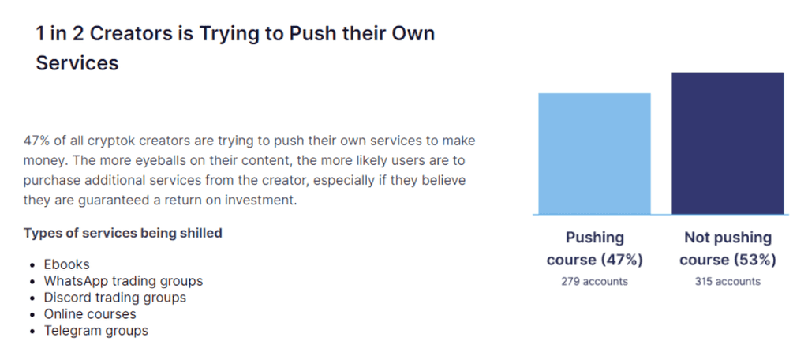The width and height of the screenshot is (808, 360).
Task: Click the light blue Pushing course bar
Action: point(594,154)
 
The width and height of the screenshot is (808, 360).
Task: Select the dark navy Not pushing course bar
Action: point(728,144)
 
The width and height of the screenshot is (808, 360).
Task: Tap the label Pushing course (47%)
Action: point(595,249)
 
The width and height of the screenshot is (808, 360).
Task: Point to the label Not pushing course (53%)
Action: point(728,249)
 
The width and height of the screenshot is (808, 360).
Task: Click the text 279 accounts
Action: point(595,282)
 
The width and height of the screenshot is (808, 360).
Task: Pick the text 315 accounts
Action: point(728,282)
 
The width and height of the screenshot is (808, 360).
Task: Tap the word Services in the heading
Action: point(77,63)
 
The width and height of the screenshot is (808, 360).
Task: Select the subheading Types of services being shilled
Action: point(122,233)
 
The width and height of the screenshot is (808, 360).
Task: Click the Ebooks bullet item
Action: point(66,264)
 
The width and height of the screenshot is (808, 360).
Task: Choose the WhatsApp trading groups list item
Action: point(123,281)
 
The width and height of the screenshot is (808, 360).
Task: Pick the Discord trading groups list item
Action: point(115,298)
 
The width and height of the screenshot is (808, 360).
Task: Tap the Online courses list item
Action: point(90,314)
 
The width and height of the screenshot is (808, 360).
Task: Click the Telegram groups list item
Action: point(95,331)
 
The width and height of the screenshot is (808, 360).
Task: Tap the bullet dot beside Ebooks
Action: point(33,265)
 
